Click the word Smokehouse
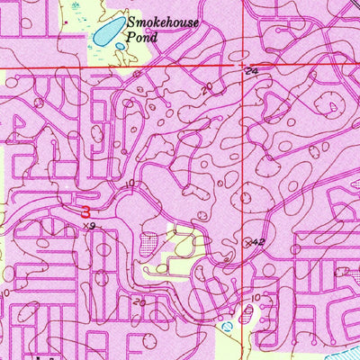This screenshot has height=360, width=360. [x=163, y=24]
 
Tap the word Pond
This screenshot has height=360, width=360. [x=142, y=39]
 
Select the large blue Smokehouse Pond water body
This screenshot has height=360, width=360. [x=107, y=32]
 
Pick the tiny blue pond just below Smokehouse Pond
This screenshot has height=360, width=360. [x=121, y=46]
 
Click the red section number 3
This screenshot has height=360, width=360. [x=85, y=212]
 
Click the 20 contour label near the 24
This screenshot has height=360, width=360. [x=208, y=87]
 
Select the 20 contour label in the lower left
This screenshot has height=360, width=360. [x=139, y=302]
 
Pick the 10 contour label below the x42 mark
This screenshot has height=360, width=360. [x=256, y=296]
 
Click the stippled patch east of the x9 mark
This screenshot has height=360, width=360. [x=149, y=240]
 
